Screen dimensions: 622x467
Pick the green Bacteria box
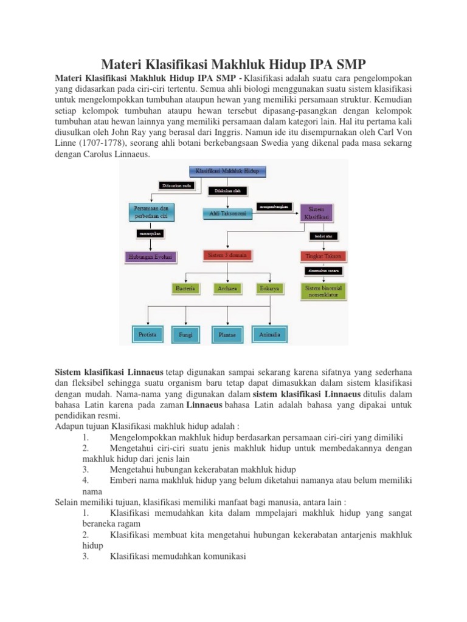pyautogui.click(x=185, y=289)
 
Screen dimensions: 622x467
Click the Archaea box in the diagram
pyautogui.click(x=227, y=289)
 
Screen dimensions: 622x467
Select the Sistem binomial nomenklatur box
pyautogui.click(x=322, y=291)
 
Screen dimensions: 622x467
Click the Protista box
pyautogui.click(x=148, y=333)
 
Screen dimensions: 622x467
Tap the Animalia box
pyautogui.click(x=269, y=333)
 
